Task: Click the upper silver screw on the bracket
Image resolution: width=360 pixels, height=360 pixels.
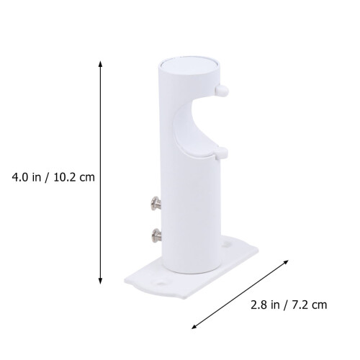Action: click(156, 204)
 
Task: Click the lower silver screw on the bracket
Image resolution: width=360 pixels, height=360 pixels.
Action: click(156, 235)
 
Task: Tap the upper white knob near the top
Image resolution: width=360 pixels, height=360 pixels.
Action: click(222, 91)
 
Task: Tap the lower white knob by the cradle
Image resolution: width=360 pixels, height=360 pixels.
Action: click(221, 153)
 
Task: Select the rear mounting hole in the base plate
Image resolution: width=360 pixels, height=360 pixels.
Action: click(226, 244)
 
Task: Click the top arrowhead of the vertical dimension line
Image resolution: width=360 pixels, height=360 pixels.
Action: click(101, 64)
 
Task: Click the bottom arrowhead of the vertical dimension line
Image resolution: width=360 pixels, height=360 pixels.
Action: click(101, 281)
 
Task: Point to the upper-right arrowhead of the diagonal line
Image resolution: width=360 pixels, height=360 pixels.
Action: click(286, 262)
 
